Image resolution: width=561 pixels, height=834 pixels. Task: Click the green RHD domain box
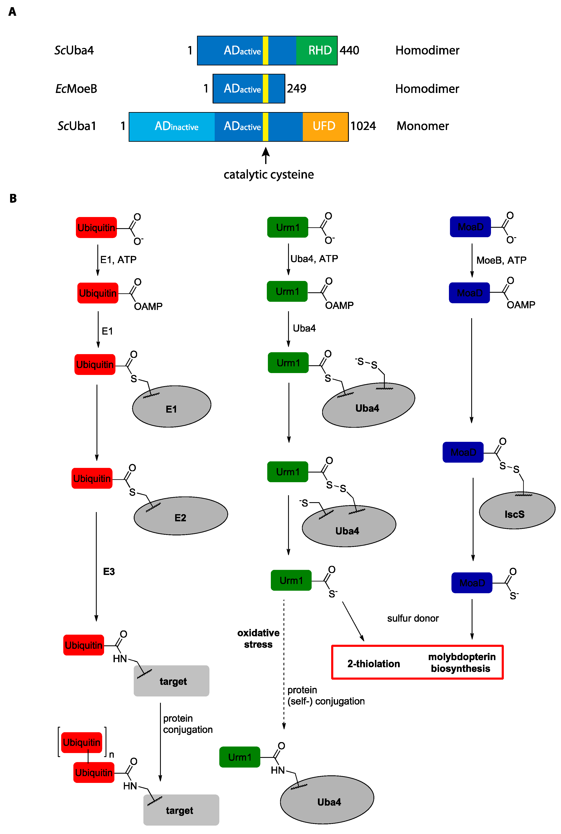click(x=317, y=50)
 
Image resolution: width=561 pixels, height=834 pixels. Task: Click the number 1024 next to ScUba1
click(x=363, y=126)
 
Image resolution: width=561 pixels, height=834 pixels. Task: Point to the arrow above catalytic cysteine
click(x=266, y=156)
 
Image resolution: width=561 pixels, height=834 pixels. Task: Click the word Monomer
click(x=423, y=126)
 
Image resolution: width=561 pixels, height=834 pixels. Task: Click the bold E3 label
click(x=109, y=571)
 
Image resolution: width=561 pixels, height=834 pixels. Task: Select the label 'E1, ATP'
click(x=118, y=259)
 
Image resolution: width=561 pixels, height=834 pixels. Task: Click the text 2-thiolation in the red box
click(x=373, y=664)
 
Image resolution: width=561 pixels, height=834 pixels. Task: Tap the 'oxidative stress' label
click(x=258, y=639)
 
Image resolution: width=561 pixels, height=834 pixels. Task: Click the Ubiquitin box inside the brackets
click(x=82, y=742)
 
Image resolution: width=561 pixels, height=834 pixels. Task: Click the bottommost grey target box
click(x=181, y=810)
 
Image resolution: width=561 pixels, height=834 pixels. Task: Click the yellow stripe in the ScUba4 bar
click(x=266, y=50)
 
